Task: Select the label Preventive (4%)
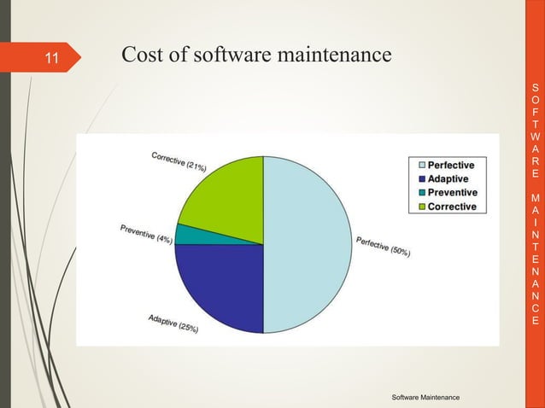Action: coord(146,234)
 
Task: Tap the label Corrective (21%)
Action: coord(178,162)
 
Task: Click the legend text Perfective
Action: coord(451,165)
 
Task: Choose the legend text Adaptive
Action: coord(448,178)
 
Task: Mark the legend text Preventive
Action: coord(452,192)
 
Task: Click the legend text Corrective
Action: coord(452,206)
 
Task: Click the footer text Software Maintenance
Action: coord(425,398)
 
